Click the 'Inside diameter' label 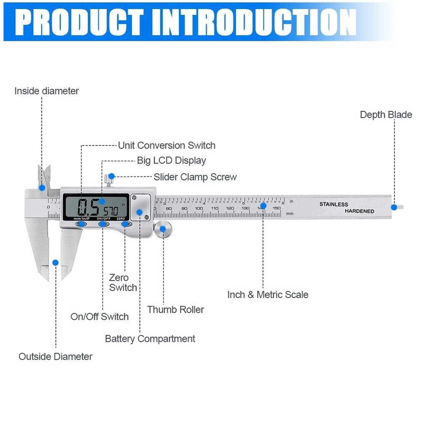tap(46, 91)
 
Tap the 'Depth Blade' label tap(386, 115)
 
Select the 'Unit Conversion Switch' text tap(166, 145)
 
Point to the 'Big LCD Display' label tap(171, 160)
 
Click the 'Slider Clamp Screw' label tap(195, 177)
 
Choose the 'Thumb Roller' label tap(175, 309)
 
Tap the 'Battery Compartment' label tap(150, 339)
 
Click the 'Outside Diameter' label tap(56, 357)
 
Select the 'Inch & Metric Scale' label tap(268, 295)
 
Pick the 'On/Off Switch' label tap(100, 316)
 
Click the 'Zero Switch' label tap(122, 282)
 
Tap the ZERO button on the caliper tap(126, 224)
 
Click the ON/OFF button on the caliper tap(104, 224)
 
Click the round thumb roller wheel tap(163, 229)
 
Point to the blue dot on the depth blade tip tap(394, 207)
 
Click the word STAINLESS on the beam tap(333, 204)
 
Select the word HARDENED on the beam tap(359, 211)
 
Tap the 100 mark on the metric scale tap(199, 208)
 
